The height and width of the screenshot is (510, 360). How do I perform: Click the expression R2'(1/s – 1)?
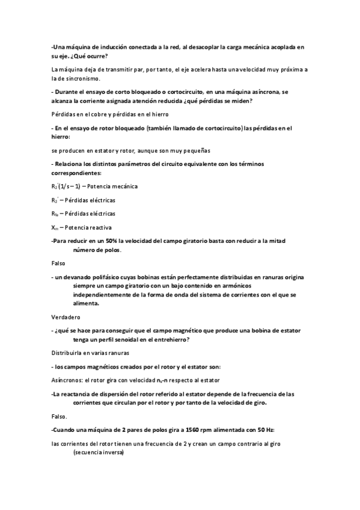pos(66,186)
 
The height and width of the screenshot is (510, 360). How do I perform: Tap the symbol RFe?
pos(55,213)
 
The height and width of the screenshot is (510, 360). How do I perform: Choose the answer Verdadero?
pos(66,317)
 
